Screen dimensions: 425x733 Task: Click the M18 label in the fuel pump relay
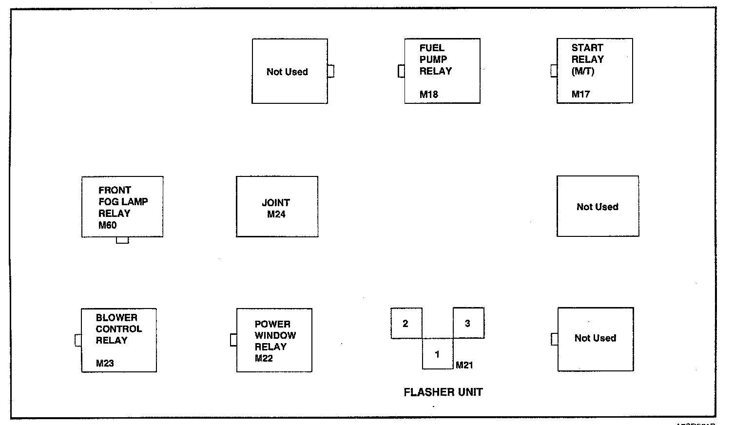click(429, 95)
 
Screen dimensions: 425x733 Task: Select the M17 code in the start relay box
click(581, 95)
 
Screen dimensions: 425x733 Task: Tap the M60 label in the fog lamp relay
click(108, 225)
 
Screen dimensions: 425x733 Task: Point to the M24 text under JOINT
click(276, 214)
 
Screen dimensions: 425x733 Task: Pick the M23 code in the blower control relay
click(105, 363)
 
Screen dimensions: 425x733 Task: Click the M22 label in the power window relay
click(264, 358)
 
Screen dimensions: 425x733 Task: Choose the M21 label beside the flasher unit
click(464, 365)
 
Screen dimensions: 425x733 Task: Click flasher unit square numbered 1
click(437, 354)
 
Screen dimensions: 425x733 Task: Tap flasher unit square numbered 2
click(405, 323)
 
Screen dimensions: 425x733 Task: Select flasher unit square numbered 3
click(468, 323)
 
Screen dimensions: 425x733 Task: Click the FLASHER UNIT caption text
click(443, 392)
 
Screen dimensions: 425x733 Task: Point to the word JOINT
click(276, 203)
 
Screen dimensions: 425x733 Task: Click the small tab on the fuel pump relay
click(401, 71)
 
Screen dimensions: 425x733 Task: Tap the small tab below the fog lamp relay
click(122, 240)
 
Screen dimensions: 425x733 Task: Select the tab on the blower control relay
click(78, 340)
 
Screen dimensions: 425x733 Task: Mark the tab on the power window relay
click(233, 340)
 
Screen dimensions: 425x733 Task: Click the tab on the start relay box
click(554, 71)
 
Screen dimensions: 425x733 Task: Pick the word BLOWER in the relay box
click(116, 318)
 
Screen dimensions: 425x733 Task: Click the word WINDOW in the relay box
click(275, 335)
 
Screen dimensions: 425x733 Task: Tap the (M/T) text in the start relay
click(583, 71)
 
